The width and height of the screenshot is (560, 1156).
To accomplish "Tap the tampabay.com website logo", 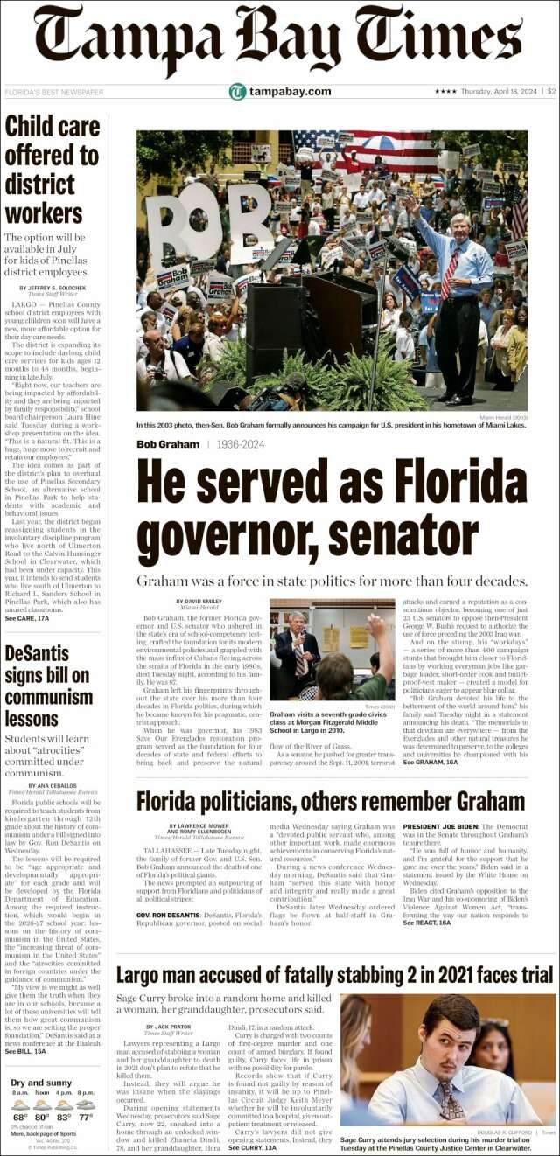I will point(280,92).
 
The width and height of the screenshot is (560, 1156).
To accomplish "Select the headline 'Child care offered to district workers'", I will point(52,170).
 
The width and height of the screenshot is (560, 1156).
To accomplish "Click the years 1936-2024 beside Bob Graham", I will point(240,444).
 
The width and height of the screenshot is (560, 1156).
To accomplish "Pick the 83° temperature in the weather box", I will point(65,1117).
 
